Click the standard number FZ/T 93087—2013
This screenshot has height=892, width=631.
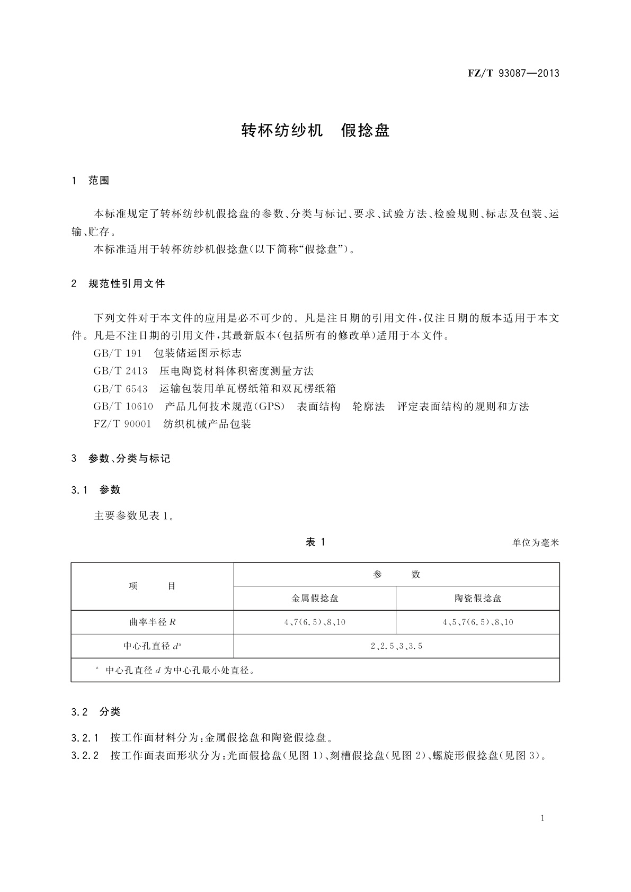click(x=513, y=73)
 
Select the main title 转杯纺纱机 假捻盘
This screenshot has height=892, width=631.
click(x=315, y=130)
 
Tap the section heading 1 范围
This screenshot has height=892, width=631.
click(x=91, y=181)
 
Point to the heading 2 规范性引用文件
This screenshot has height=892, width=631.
click(x=118, y=284)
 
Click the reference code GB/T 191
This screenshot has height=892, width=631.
click(x=118, y=353)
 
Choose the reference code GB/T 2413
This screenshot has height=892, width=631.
click(x=120, y=371)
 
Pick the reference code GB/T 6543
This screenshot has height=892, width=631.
click(x=120, y=389)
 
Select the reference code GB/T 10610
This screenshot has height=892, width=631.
click(x=123, y=406)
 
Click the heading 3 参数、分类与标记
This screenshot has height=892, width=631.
click(x=121, y=459)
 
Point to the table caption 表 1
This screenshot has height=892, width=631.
click(x=315, y=542)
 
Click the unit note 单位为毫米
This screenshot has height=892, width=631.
click(x=536, y=542)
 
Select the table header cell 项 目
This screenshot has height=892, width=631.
click(x=152, y=586)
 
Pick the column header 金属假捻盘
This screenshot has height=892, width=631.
click(x=315, y=599)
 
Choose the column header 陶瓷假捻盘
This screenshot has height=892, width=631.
click(x=478, y=599)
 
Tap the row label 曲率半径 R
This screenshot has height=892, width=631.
click(x=152, y=622)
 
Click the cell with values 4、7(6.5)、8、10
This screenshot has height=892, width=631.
click(x=315, y=622)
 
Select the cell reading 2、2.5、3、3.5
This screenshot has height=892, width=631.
click(x=396, y=646)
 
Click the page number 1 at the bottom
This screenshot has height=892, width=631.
click(x=543, y=818)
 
